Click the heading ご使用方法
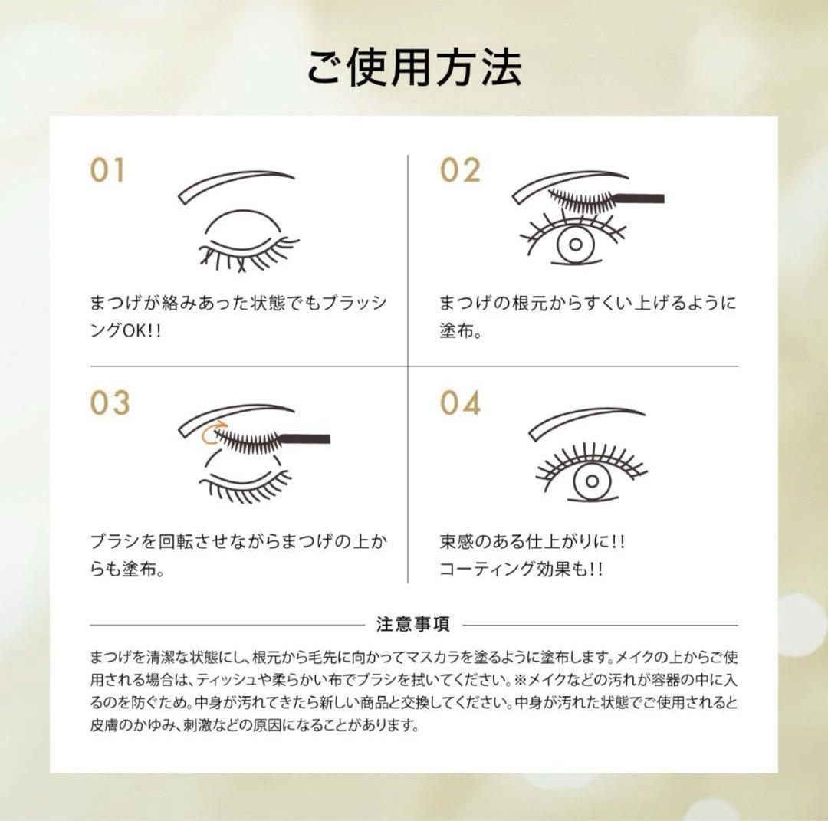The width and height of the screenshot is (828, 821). click(x=414, y=67)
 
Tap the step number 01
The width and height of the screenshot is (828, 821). click(x=108, y=171)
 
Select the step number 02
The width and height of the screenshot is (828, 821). click(x=459, y=170)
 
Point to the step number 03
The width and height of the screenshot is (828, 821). click(x=110, y=403)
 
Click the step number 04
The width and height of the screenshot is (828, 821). click(x=460, y=402)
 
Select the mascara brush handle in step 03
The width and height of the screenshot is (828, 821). click(x=307, y=439)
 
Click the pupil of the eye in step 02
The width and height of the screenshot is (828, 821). click(x=571, y=246)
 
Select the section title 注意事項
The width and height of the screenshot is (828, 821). click(x=413, y=624)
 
